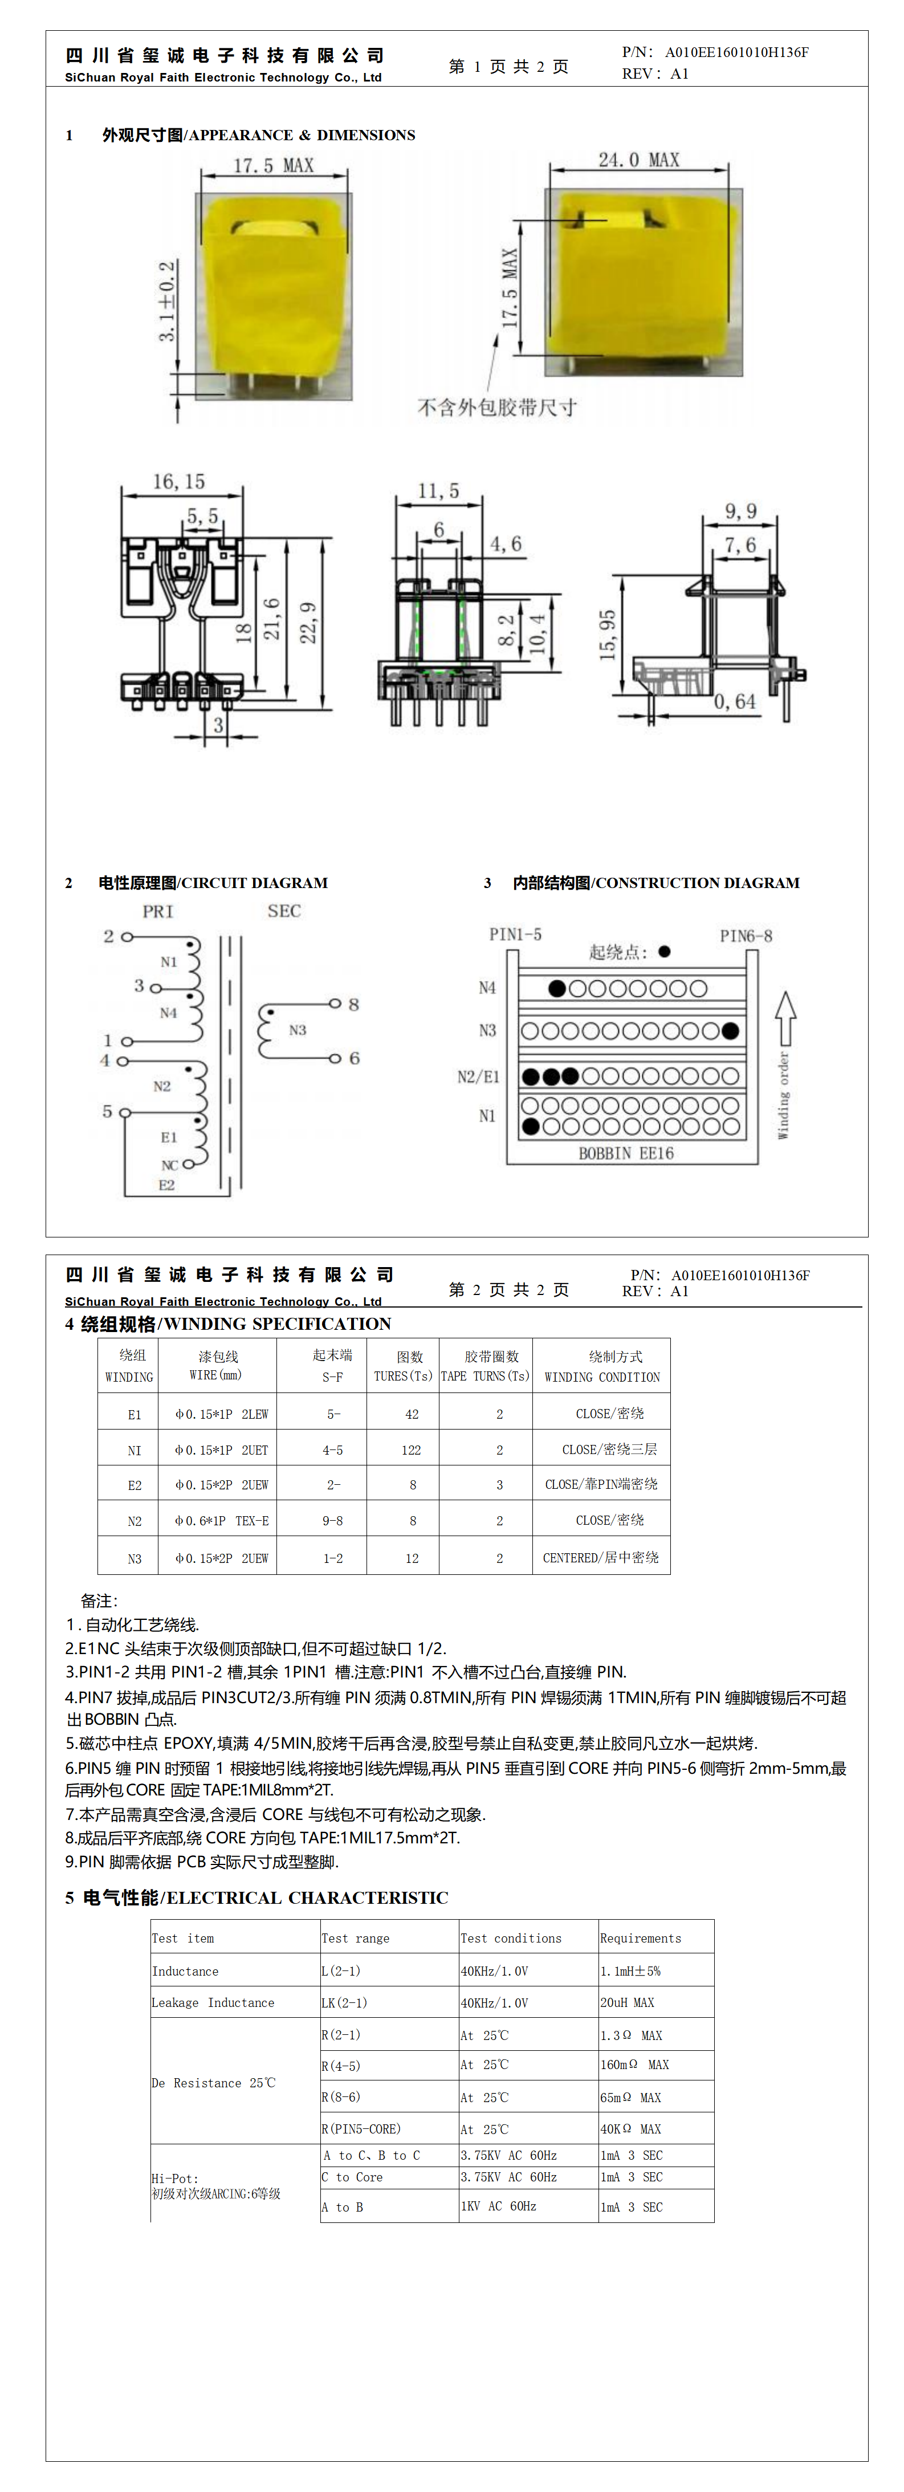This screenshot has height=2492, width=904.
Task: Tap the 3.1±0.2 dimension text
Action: point(168,301)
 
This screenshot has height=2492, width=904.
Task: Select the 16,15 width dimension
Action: point(179,482)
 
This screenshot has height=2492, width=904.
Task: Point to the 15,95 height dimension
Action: point(607,636)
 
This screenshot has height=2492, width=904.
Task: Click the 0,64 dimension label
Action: point(735,701)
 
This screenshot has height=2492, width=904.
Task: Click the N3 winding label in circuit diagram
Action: point(297,1031)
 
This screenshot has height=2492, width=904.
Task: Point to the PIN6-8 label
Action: point(746,935)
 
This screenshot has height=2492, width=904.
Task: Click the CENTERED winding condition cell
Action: point(600,1557)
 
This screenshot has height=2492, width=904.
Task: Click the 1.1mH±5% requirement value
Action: point(630,1970)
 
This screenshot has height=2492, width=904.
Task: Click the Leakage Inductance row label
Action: point(213,2002)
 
